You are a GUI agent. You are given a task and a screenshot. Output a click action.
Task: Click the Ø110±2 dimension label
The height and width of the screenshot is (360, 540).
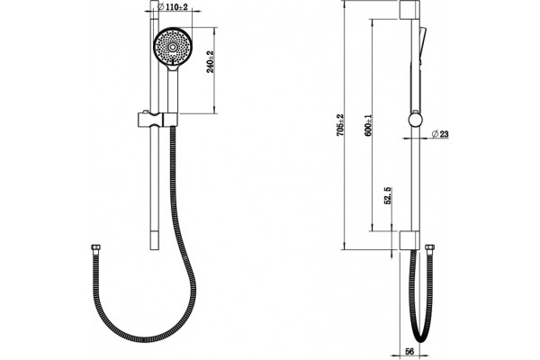tap(172, 6)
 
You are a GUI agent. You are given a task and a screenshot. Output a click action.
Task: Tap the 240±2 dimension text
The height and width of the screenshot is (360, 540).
tap(210, 62)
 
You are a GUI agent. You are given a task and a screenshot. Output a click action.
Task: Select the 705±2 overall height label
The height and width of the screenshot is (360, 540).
tap(340, 125)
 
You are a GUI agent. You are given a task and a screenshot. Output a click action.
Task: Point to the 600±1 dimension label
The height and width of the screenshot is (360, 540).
tap(368, 125)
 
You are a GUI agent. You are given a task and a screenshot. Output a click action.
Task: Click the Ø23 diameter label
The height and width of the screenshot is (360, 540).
tap(440, 134)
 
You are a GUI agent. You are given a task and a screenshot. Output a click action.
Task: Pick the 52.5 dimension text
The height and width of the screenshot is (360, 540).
tap(387, 196)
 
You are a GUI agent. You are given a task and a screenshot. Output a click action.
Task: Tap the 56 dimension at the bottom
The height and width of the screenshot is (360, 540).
tap(409, 351)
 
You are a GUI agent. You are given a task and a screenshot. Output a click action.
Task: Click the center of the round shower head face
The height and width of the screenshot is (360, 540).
tap(172, 47)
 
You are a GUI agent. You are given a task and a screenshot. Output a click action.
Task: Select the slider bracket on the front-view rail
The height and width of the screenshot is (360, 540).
tap(157, 120)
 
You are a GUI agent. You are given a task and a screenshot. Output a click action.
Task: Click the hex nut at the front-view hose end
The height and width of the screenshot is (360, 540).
tap(95, 247)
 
